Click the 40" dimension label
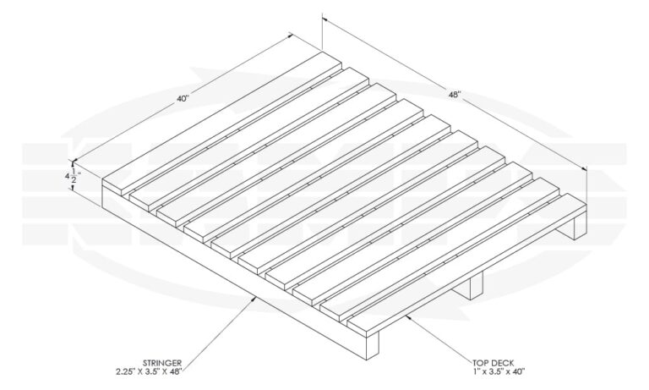pos(183,98)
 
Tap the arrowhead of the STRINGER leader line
pos(257,296)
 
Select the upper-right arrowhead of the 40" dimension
pos(292,34)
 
